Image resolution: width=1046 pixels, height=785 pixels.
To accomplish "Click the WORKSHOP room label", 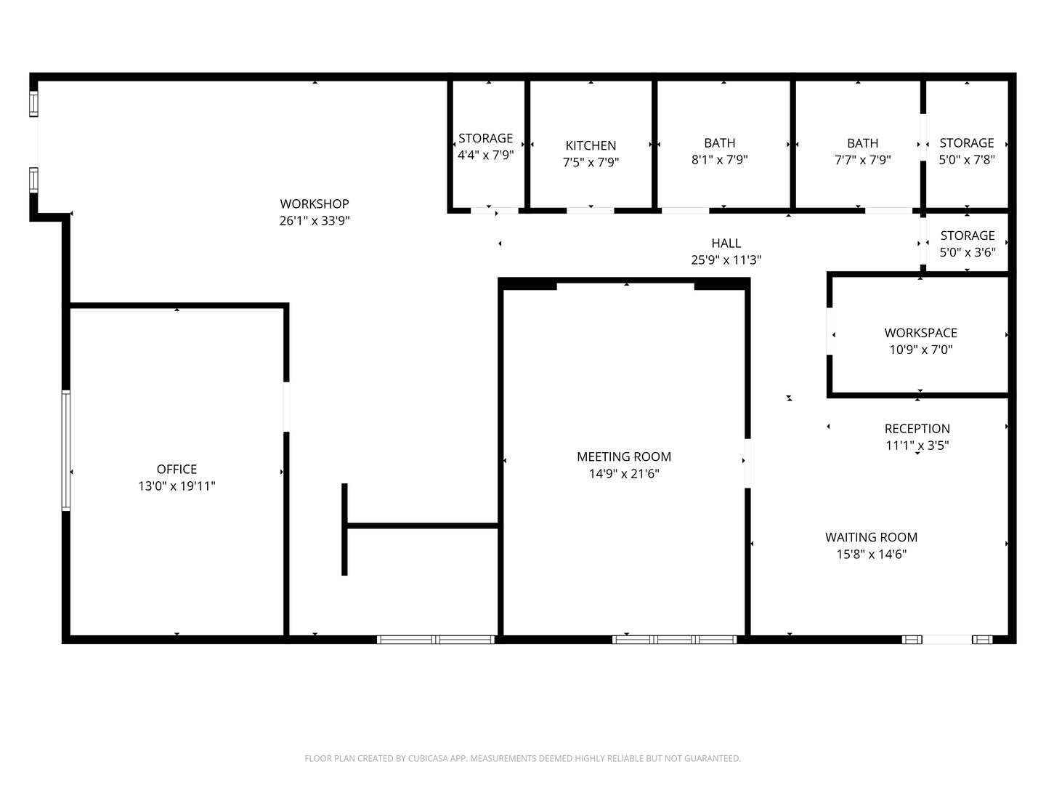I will coord(315,204).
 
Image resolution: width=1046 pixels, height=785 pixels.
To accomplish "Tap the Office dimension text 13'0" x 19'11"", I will coord(177,486).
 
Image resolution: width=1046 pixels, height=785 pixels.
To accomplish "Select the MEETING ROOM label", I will coord(624,457).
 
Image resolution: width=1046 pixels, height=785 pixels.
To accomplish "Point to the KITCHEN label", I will coord(591,146).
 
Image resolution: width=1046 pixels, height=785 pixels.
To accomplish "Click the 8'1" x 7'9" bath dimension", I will coord(719,160).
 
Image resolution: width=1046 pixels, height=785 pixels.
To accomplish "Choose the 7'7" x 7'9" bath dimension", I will coord(862,160).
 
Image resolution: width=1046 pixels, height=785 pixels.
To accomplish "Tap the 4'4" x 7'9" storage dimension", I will coord(485,155).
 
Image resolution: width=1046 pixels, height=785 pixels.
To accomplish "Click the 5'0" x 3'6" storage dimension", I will coord(967,252).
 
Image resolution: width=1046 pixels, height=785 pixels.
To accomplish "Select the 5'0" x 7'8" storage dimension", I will coord(966,160).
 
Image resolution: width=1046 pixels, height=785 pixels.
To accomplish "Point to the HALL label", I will coord(726,243).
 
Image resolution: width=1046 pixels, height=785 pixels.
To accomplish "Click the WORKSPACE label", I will coord(920,333).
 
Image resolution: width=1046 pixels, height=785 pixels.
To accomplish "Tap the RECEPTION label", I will coord(917,429).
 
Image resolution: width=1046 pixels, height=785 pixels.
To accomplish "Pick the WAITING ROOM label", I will coord(871,538).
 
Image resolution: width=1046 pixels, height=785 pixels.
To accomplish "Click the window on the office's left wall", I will coord(66,451).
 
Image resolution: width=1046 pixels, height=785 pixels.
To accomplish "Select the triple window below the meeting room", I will coord(675,640).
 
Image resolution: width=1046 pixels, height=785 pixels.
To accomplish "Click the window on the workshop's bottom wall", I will coord(436,640).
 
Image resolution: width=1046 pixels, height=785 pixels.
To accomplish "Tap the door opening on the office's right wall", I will coord(286,407).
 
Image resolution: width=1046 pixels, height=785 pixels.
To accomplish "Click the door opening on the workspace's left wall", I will coord(830,332).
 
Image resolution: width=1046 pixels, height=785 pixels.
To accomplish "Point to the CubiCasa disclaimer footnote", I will coord(522,759).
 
